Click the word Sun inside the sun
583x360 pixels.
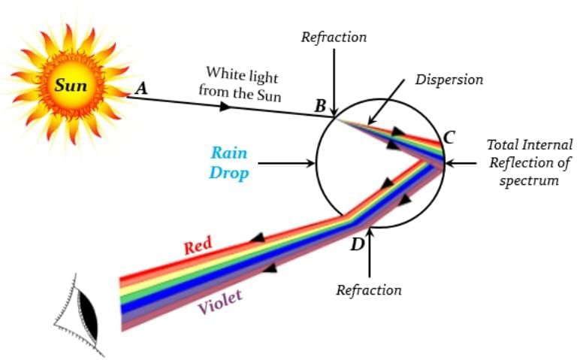point(71,85)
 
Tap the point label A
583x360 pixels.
point(140,88)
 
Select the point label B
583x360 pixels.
point(320,106)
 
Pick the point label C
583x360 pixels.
point(449,138)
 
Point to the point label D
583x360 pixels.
point(357,244)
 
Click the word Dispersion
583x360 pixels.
point(449,79)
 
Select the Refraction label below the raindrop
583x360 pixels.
point(369,289)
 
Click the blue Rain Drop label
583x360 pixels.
point(228,162)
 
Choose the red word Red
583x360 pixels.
point(198,245)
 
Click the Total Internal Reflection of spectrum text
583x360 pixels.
point(529,162)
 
